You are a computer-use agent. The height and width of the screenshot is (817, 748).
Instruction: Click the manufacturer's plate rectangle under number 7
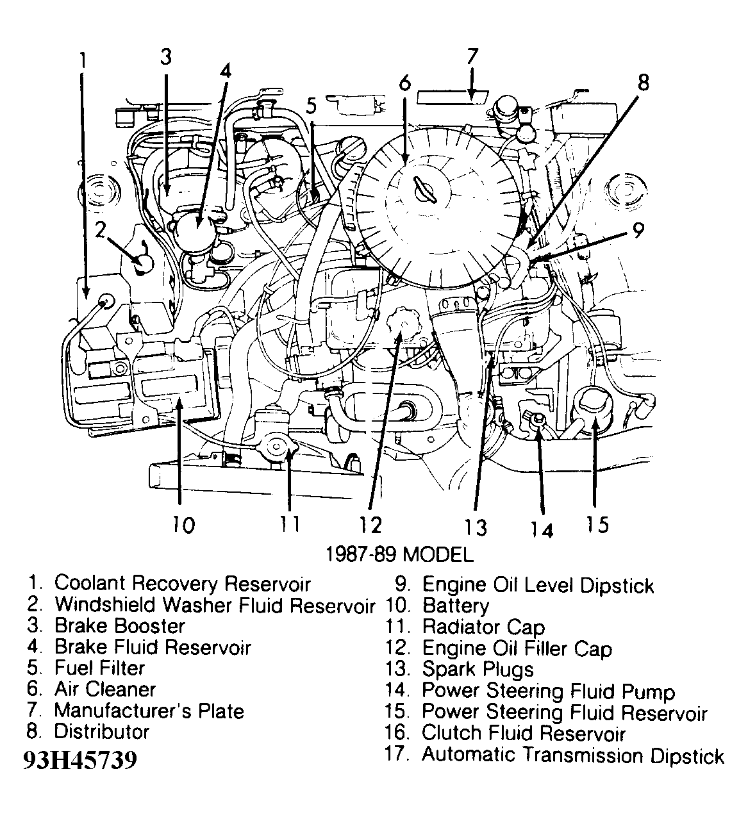tap(453, 97)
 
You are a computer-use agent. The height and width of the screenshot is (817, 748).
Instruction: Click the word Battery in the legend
tap(456, 606)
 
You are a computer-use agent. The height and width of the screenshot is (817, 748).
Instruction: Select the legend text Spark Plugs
tap(478, 670)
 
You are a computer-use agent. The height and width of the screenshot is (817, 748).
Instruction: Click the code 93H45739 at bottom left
tap(79, 761)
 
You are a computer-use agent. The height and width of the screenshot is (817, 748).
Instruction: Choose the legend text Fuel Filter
tap(99, 668)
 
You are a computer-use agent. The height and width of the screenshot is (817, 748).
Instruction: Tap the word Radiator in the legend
tap(461, 627)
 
